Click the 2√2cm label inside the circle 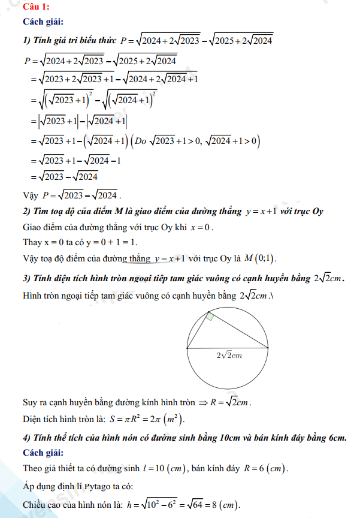[229, 356]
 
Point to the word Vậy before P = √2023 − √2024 [29, 195]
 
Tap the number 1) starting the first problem [26, 40]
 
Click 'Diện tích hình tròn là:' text [63, 418]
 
